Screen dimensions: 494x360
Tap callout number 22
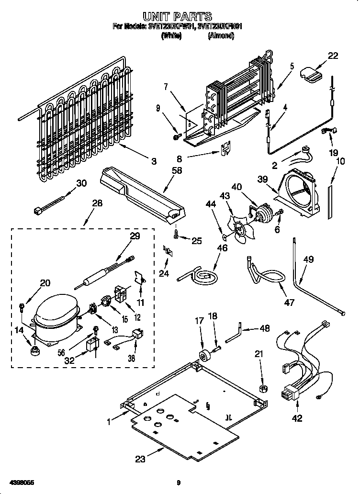click(x=332, y=56)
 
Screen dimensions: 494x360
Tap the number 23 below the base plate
click(x=140, y=459)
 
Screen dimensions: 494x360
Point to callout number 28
click(x=97, y=204)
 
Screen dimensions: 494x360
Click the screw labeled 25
click(x=176, y=234)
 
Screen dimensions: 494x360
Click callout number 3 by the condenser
click(x=154, y=162)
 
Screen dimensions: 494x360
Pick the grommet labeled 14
click(x=34, y=352)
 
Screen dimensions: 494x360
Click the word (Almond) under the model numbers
click(x=221, y=35)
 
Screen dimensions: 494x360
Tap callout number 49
click(x=308, y=260)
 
